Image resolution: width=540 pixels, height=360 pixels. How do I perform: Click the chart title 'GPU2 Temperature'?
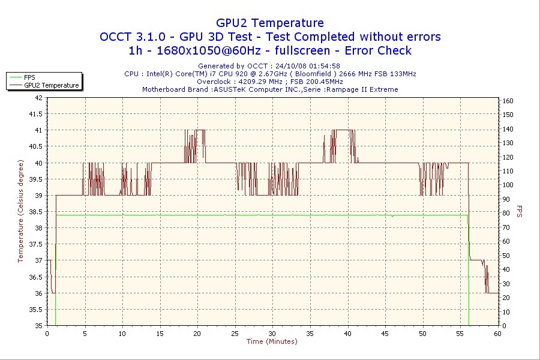pos(269,23)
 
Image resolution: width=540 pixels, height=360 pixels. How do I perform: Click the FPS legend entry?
pos(29,77)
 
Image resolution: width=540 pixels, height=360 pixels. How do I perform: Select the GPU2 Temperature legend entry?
pos(51,85)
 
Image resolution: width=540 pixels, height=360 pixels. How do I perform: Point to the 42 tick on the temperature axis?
pos(38,97)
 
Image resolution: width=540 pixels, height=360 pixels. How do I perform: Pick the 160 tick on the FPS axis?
pos(508,101)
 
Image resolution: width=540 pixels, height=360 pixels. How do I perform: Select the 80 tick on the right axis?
pos(506,213)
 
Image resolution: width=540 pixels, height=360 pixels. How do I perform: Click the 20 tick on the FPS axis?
pos(506,298)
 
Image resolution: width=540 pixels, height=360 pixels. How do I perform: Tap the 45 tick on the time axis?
pos(385,334)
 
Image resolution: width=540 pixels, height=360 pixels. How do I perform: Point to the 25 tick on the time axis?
pos(235,334)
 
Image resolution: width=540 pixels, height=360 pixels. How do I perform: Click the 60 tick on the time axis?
pos(497,334)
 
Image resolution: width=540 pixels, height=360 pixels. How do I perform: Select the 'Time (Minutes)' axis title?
pos(272,342)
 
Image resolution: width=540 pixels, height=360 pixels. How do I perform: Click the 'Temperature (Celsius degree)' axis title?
pos(20,211)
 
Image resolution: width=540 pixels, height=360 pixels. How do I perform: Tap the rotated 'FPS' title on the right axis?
pos(520,211)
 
